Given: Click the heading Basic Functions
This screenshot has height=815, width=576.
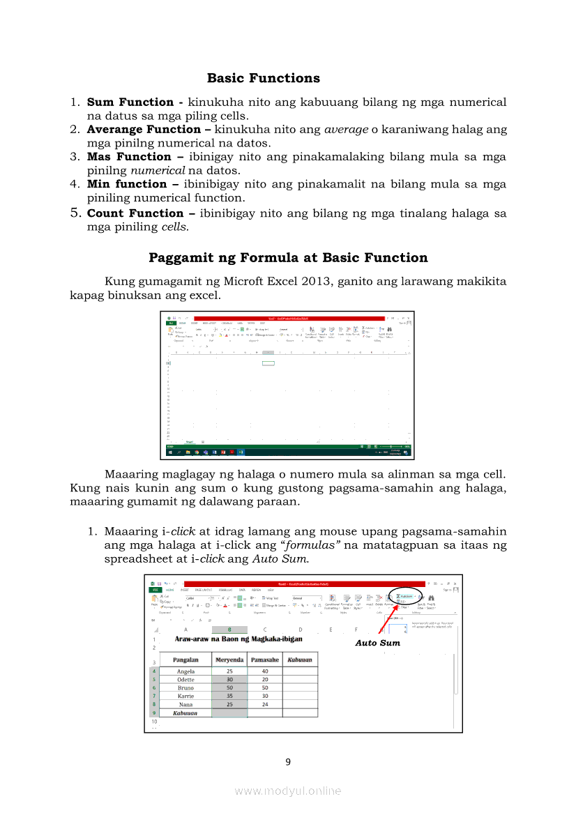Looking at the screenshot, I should (x=264, y=78).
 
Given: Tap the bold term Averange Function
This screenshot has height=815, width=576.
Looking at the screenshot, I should (x=143, y=130).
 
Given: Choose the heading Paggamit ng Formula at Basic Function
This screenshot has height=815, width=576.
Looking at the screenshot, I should (x=288, y=258).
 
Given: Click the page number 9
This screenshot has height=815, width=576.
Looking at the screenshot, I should (x=288, y=762).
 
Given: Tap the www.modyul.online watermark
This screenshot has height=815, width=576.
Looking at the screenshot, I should (x=288, y=791).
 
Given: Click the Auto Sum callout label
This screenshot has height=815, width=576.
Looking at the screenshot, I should (x=377, y=643).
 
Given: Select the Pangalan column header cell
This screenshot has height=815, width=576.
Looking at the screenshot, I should (x=185, y=660).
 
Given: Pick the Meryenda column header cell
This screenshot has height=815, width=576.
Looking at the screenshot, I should (x=229, y=660).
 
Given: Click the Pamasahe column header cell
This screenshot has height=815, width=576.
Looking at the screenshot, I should (x=265, y=660).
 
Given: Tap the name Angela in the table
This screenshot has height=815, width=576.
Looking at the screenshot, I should (x=185, y=671).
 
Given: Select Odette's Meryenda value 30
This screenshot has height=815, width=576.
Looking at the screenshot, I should (x=229, y=680).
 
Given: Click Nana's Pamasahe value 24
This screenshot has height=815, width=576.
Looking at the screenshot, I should (x=265, y=704).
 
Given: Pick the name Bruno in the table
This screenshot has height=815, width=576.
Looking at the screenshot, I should (x=185, y=688).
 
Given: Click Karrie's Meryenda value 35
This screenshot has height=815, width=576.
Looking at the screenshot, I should (x=229, y=696).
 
